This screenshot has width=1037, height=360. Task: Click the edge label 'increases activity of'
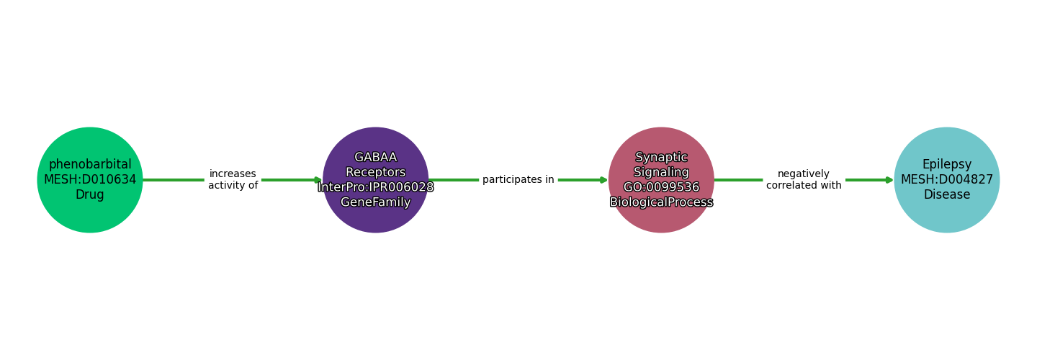point(233,180)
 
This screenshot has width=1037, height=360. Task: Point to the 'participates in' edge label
point(518,180)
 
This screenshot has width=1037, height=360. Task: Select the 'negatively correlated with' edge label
point(804,180)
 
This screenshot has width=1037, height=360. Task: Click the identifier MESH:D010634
point(90,180)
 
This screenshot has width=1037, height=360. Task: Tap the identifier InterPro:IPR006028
point(375,187)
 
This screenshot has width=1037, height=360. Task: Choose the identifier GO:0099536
point(661,187)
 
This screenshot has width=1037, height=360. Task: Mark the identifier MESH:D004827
point(946,180)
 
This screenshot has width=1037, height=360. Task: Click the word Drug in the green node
point(90,195)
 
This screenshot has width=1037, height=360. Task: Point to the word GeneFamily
point(375,202)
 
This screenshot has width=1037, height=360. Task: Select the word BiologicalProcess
point(661,202)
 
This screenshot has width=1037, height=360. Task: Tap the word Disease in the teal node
point(946,195)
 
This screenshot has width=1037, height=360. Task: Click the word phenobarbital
point(90,165)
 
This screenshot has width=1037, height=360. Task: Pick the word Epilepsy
point(946,165)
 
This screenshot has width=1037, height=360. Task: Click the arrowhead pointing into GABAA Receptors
point(318,180)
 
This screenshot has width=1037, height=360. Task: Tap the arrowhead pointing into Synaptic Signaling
point(603,180)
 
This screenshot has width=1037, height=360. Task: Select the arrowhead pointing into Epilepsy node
point(889,180)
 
